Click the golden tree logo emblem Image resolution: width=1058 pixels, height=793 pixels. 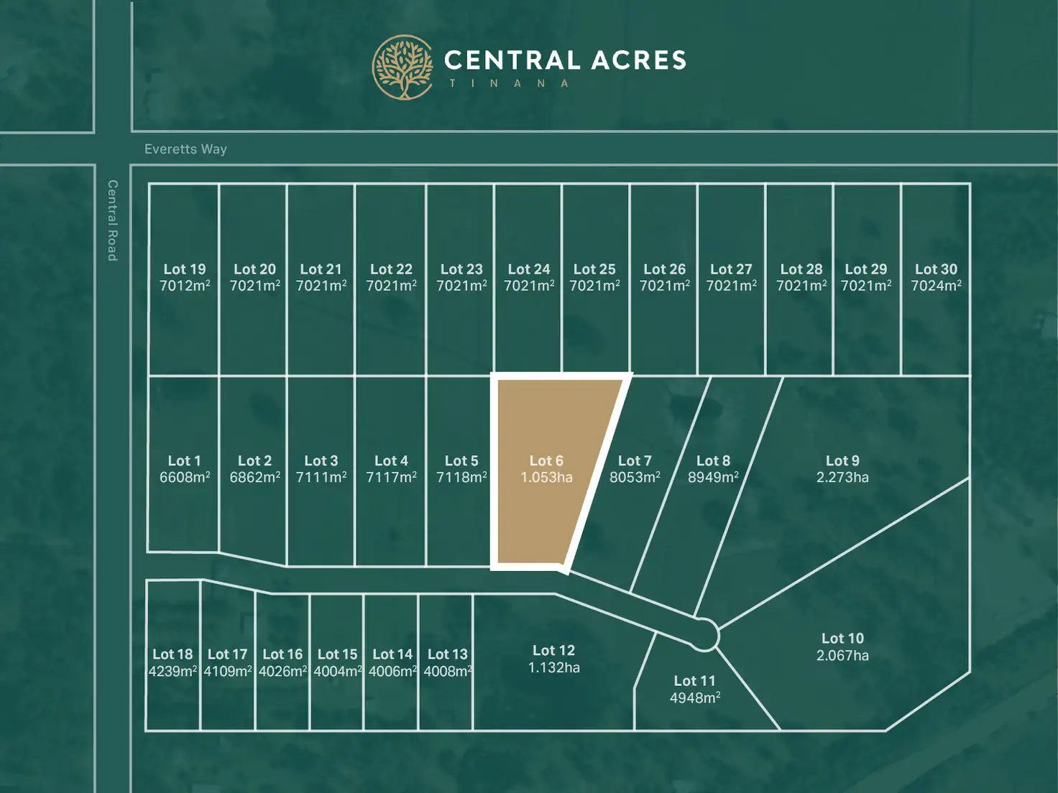tap(402, 67)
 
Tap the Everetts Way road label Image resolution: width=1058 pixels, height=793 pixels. tap(185, 149)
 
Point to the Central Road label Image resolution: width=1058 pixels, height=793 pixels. tap(112, 220)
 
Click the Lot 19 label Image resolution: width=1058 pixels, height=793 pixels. tap(185, 269)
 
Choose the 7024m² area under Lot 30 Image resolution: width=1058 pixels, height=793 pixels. tap(936, 286)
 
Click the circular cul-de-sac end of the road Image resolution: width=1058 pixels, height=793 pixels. tap(704, 635)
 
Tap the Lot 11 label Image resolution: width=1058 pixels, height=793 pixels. tap(694, 680)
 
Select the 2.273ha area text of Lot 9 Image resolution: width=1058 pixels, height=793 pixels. tap(842, 478)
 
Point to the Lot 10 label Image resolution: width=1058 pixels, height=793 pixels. tap(842, 638)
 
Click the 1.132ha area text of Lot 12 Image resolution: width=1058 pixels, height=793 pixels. tap(553, 667)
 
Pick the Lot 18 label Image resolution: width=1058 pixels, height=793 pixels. tap(172, 654)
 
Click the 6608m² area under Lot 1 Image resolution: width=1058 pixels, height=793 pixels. tap(185, 478)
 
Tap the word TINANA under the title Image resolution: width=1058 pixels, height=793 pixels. tap(509, 83)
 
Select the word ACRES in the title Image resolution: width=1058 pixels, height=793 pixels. tap(639, 60)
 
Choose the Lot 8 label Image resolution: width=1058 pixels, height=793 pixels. tap(713, 460)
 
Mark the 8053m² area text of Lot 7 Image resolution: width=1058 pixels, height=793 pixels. tap(635, 478)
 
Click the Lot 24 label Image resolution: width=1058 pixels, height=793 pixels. tap(528, 269)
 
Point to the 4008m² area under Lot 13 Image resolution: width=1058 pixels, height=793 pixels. tap(447, 672)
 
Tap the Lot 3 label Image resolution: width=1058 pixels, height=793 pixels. tap(321, 460)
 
